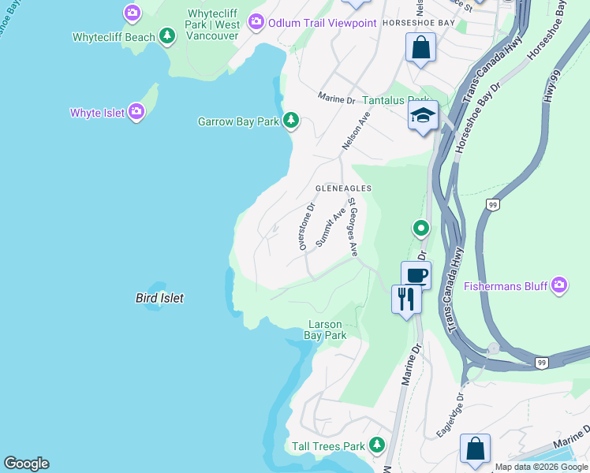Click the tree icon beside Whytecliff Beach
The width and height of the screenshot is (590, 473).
coord(166,36)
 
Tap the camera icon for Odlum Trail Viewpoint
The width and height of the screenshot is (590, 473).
coord(256,22)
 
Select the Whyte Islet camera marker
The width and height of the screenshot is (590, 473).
coord(136,112)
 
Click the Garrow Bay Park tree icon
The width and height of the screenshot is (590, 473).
coord(291,121)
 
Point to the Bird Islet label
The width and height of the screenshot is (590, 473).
coord(159,298)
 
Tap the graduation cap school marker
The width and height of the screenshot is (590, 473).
coord(423,115)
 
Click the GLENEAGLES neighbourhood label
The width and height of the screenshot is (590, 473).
coord(343,188)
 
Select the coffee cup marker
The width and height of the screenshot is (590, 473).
coord(416,275)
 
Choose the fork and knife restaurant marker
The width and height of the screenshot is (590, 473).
coord(406,299)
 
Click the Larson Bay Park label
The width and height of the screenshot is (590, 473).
coord(325,330)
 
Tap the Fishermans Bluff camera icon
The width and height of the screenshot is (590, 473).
coord(558,285)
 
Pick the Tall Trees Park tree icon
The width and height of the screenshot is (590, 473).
coord(377,445)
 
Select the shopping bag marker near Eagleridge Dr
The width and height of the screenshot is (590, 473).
coord(475,449)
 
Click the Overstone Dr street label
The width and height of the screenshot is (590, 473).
coord(306,226)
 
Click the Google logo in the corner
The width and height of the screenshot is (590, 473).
coord(26,464)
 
